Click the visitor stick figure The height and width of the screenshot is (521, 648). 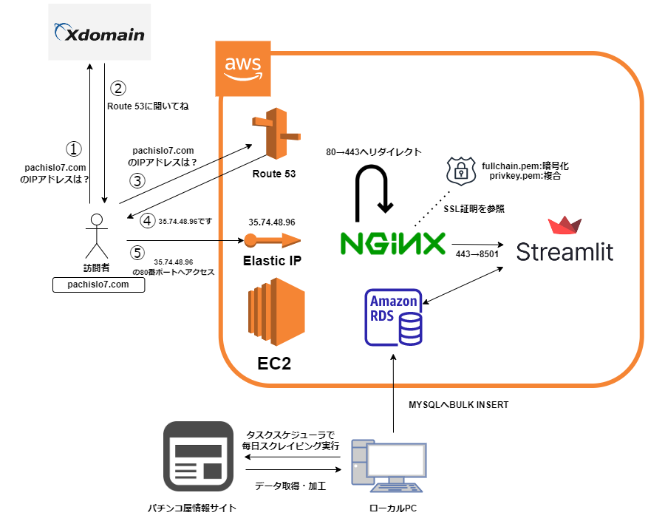95,236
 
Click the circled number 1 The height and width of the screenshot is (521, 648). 73,149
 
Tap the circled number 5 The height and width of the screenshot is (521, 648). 136,253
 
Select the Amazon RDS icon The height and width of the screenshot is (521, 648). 395,318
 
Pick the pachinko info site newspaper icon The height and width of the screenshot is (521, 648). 198,457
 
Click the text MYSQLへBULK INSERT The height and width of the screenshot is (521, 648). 458,405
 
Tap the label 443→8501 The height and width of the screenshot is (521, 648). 471,253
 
